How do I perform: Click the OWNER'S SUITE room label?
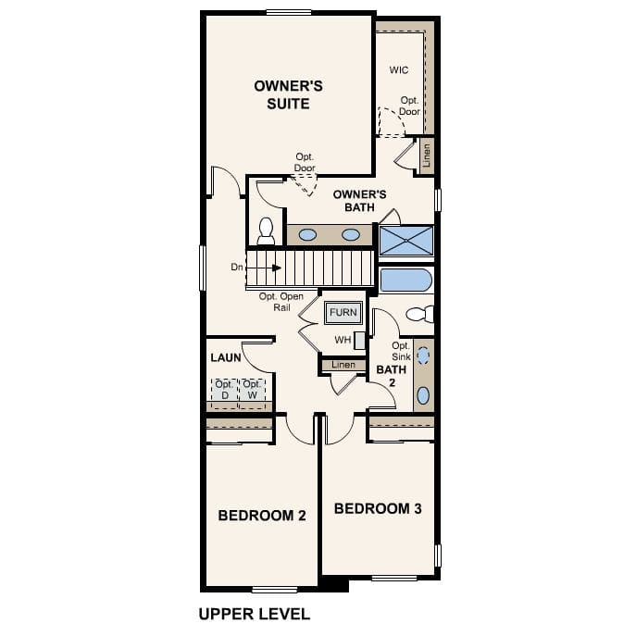click(288, 94)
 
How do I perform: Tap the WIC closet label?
click(398, 70)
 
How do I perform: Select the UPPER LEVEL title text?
click(254, 613)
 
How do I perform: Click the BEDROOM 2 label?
click(262, 515)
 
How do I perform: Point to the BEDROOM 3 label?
click(378, 508)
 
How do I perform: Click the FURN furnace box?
click(342, 313)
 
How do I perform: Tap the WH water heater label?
click(343, 340)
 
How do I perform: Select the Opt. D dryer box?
click(223, 391)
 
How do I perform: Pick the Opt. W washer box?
click(252, 391)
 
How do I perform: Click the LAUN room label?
click(226, 356)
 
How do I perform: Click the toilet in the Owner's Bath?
click(266, 230)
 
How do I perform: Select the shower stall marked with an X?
click(406, 241)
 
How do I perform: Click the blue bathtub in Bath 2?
click(405, 280)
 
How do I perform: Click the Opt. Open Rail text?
click(281, 302)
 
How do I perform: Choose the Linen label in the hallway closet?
click(343, 365)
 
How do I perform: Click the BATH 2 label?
click(385, 375)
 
